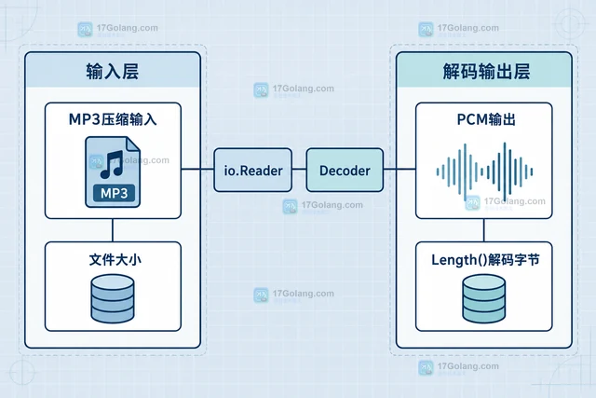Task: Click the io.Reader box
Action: pyautogui.click(x=252, y=170)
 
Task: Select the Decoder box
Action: pyautogui.click(x=345, y=170)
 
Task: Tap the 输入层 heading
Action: pyautogui.click(x=113, y=71)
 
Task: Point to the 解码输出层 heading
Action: pyautogui.click(x=486, y=71)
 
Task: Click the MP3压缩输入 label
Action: pyautogui.click(x=113, y=119)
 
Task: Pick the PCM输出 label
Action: pyautogui.click(x=486, y=119)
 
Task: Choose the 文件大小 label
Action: pyautogui.click(x=115, y=259)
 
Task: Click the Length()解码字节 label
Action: pyautogui.click(x=485, y=260)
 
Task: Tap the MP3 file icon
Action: pyautogui.click(x=113, y=172)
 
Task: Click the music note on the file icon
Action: pyautogui.click(x=112, y=165)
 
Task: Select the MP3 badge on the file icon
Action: pyautogui.click(x=114, y=193)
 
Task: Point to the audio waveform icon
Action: pyautogui.click(x=484, y=172)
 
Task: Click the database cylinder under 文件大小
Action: pyautogui.click(x=113, y=298)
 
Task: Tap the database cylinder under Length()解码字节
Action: pyautogui.click(x=484, y=298)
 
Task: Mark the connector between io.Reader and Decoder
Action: pyautogui.click(x=299, y=169)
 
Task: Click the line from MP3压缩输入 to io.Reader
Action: pyautogui.click(x=197, y=169)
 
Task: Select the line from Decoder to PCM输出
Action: pyautogui.click(x=400, y=169)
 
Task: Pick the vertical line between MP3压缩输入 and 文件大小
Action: pyautogui.click(x=113, y=230)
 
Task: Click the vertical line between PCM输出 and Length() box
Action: pyautogui.click(x=484, y=230)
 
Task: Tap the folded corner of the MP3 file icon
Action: pyautogui.click(x=133, y=144)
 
